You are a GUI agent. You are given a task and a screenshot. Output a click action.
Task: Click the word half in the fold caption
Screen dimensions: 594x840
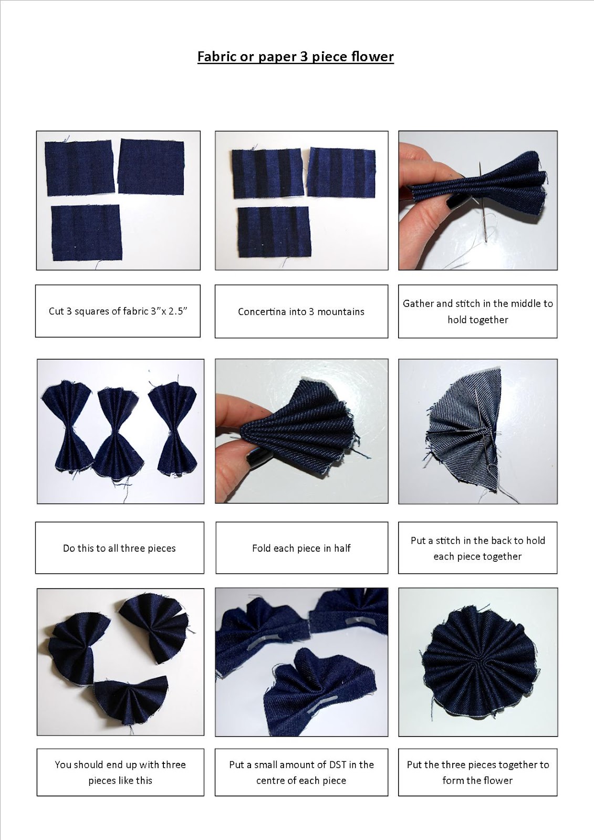click(342, 548)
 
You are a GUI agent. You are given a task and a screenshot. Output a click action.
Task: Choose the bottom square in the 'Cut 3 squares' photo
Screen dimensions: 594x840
click(87, 233)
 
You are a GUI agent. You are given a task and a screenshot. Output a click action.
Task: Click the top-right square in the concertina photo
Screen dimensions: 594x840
click(341, 172)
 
